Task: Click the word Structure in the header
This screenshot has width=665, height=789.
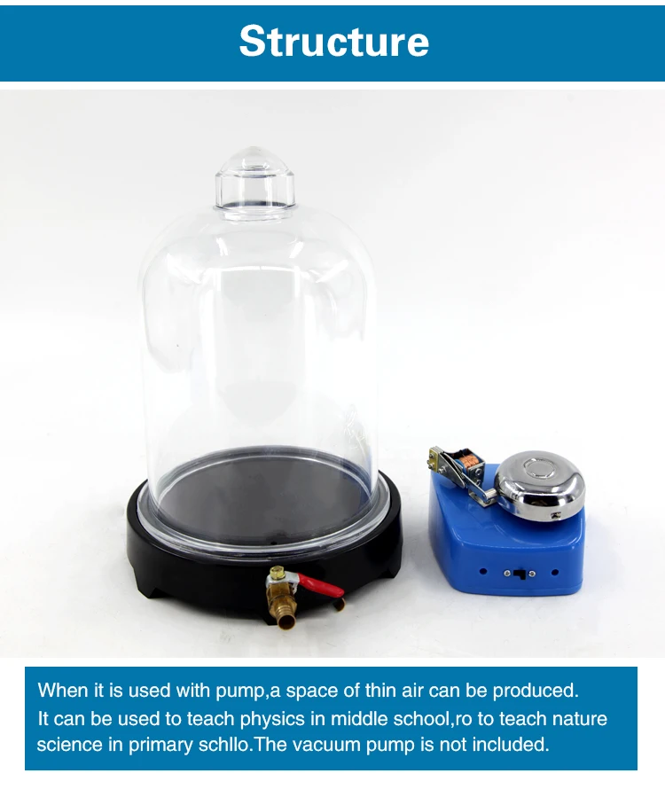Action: pyautogui.click(x=333, y=41)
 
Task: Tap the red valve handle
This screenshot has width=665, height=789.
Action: pyautogui.click(x=321, y=585)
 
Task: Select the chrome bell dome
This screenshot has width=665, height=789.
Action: pyautogui.click(x=540, y=486)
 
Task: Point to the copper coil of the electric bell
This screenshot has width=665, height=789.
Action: pyautogui.click(x=469, y=460)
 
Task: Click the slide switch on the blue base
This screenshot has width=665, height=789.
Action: pyautogui.click(x=520, y=573)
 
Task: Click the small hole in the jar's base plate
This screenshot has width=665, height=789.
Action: pyautogui.click(x=273, y=543)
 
